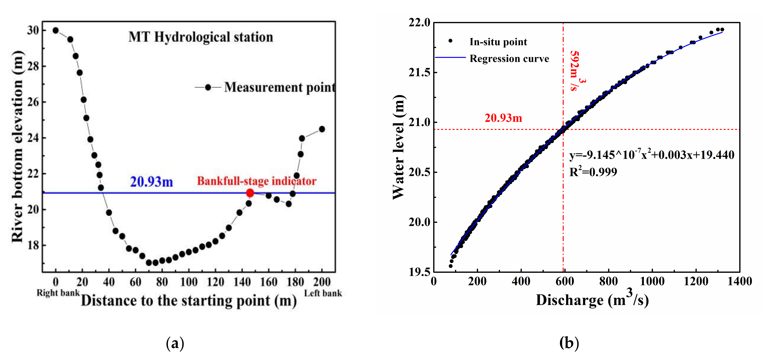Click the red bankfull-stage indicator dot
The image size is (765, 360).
pyautogui.click(x=250, y=193)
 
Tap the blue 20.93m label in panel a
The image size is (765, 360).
pyautogui.click(x=152, y=182)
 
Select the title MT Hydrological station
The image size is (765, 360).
pyautogui.click(x=201, y=37)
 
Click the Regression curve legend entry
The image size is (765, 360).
pyautogui.click(x=509, y=59)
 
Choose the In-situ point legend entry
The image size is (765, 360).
pyautogui.click(x=498, y=42)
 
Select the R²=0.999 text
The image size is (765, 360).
pyautogui.click(x=593, y=172)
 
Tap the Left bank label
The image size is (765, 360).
pyautogui.click(x=323, y=293)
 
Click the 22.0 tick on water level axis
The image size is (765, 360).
pyautogui.click(x=419, y=22)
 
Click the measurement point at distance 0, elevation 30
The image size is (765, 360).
pyautogui.click(x=55, y=30)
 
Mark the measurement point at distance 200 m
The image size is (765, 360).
pyautogui.click(x=322, y=129)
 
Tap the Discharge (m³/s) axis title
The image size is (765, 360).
pyautogui.click(x=592, y=300)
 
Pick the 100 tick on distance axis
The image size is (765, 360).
pyautogui.click(x=189, y=282)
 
